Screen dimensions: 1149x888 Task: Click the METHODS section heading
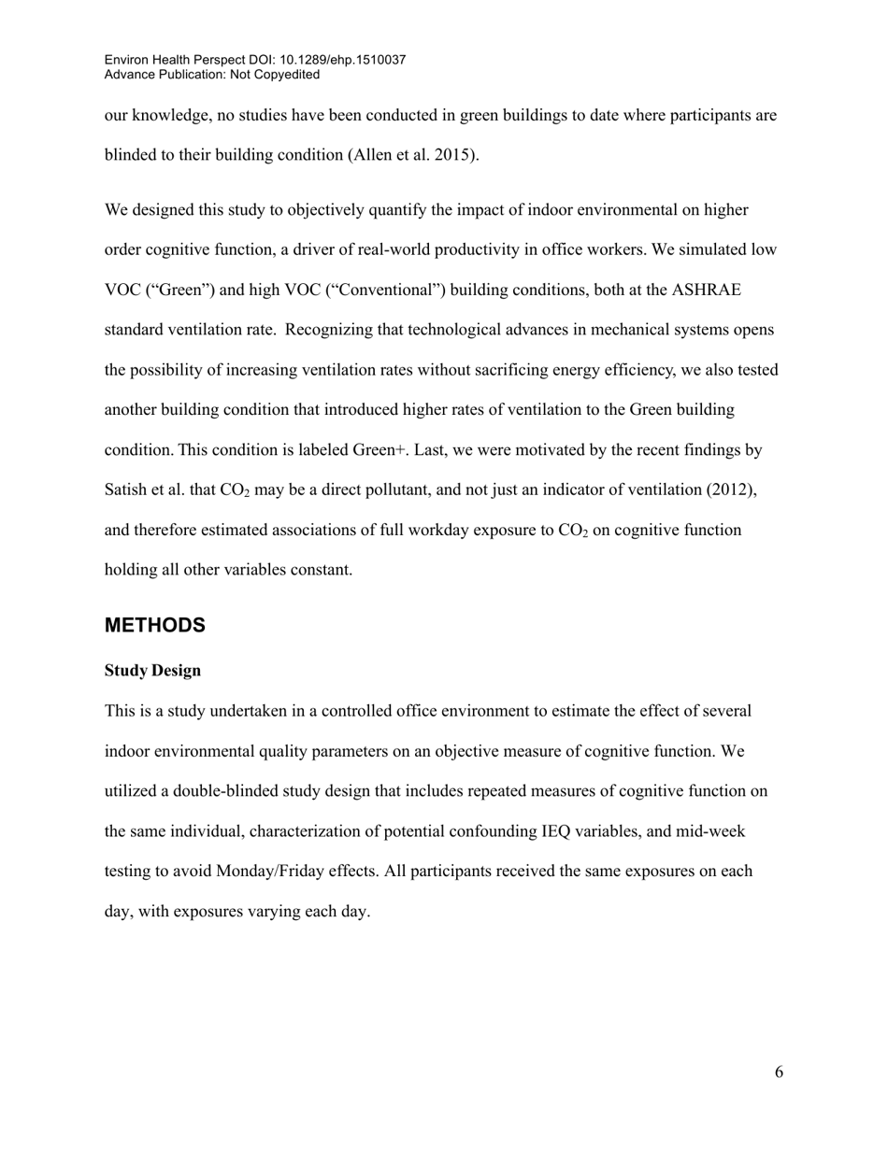click(x=154, y=626)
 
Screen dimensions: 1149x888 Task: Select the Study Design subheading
click(x=152, y=671)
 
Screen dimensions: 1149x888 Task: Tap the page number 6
click(x=779, y=1072)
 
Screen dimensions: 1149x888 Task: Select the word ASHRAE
click(x=706, y=290)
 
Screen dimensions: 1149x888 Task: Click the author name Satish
click(x=127, y=490)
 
